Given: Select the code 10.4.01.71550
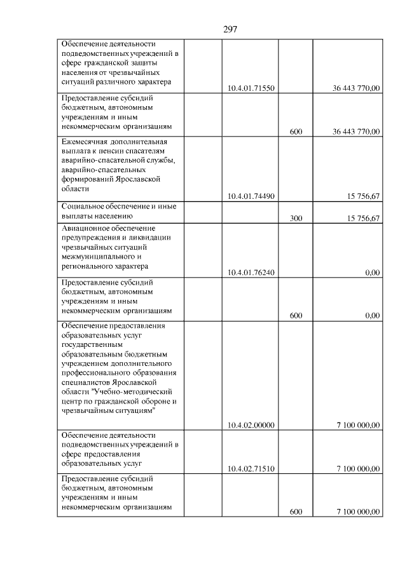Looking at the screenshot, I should tap(251, 89).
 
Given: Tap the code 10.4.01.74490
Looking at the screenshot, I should tap(251, 196).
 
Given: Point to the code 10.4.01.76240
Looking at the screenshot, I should tap(251, 273).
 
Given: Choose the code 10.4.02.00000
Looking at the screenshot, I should tap(251, 425).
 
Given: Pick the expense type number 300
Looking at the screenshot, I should tap(296, 219).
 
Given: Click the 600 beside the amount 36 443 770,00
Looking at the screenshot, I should tap(296, 132).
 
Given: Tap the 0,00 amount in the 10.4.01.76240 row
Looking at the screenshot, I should tap(373, 273).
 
